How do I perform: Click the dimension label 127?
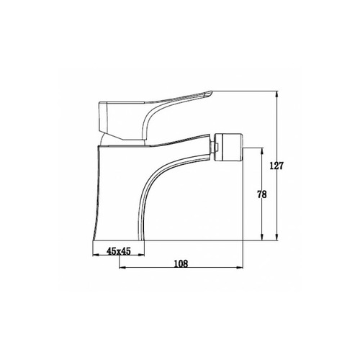pos(276,166)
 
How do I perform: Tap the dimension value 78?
pos(262,194)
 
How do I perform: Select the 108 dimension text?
pos(181,264)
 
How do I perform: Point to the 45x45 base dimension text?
pos(119,251)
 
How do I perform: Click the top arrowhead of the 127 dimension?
pos(277,94)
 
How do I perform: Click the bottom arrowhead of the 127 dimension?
pos(277,237)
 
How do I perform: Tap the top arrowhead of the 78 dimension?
pos(262,151)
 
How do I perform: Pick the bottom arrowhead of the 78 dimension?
pos(262,237)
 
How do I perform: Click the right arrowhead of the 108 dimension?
pos(240,267)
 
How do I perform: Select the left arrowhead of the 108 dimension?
pos(122,267)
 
